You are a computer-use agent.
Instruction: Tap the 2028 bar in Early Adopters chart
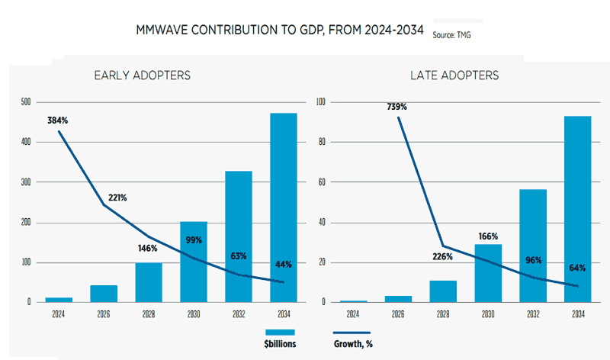tap(149, 282)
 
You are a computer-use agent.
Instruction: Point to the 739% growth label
tap(396, 107)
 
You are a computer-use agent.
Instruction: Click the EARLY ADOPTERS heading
tap(142, 76)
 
